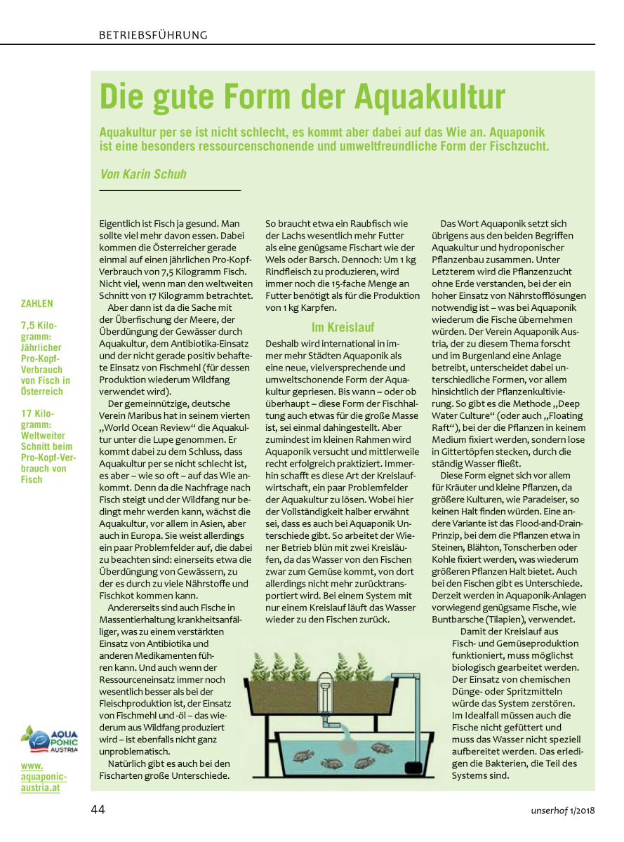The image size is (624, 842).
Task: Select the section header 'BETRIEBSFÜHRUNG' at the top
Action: point(153,34)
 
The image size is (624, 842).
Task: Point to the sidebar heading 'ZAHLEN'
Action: point(36,304)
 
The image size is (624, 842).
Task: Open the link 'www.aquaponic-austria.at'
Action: point(44,777)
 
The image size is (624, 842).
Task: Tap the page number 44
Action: point(98,809)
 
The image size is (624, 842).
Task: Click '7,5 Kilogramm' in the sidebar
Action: point(39,331)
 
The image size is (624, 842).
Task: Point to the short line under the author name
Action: point(170,190)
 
